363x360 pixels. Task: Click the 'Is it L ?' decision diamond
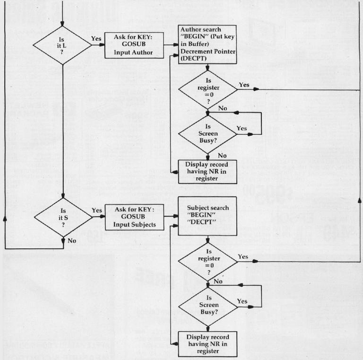click(62, 46)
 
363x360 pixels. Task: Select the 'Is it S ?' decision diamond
click(62, 218)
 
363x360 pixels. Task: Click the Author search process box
click(207, 45)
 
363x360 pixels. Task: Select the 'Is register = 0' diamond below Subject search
click(207, 261)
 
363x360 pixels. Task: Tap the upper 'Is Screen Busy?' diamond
click(207, 134)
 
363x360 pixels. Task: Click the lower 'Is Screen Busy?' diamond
click(207, 307)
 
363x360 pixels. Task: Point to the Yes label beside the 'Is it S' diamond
click(96, 210)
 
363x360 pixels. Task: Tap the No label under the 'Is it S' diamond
click(72, 240)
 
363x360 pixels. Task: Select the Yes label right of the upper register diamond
click(244, 85)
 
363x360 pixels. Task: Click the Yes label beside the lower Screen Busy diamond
click(242, 301)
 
